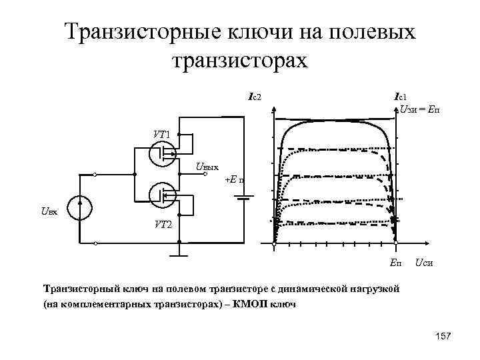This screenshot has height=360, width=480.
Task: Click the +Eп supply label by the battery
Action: pyautogui.click(x=234, y=179)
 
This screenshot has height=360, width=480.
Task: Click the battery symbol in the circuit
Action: pyautogui.click(x=245, y=197)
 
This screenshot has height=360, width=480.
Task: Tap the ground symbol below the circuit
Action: pyautogui.click(x=179, y=254)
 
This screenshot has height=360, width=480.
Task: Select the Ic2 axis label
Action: pyautogui.click(x=254, y=98)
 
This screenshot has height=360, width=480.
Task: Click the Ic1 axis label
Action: pyautogui.click(x=402, y=97)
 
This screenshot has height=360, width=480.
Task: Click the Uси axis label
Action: pyautogui.click(x=425, y=264)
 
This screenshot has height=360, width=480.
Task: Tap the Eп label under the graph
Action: pyautogui.click(x=395, y=264)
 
